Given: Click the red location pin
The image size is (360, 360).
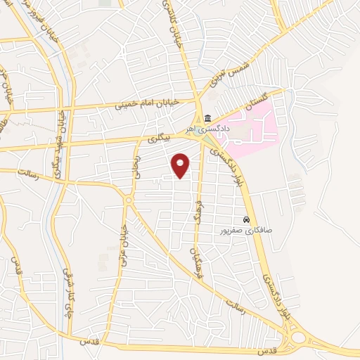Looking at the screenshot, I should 181,165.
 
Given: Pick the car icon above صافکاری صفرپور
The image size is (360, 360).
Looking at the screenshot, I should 246,219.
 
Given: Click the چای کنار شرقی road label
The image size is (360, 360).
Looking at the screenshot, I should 67,284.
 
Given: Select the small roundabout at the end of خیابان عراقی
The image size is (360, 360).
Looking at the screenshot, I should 129,200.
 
